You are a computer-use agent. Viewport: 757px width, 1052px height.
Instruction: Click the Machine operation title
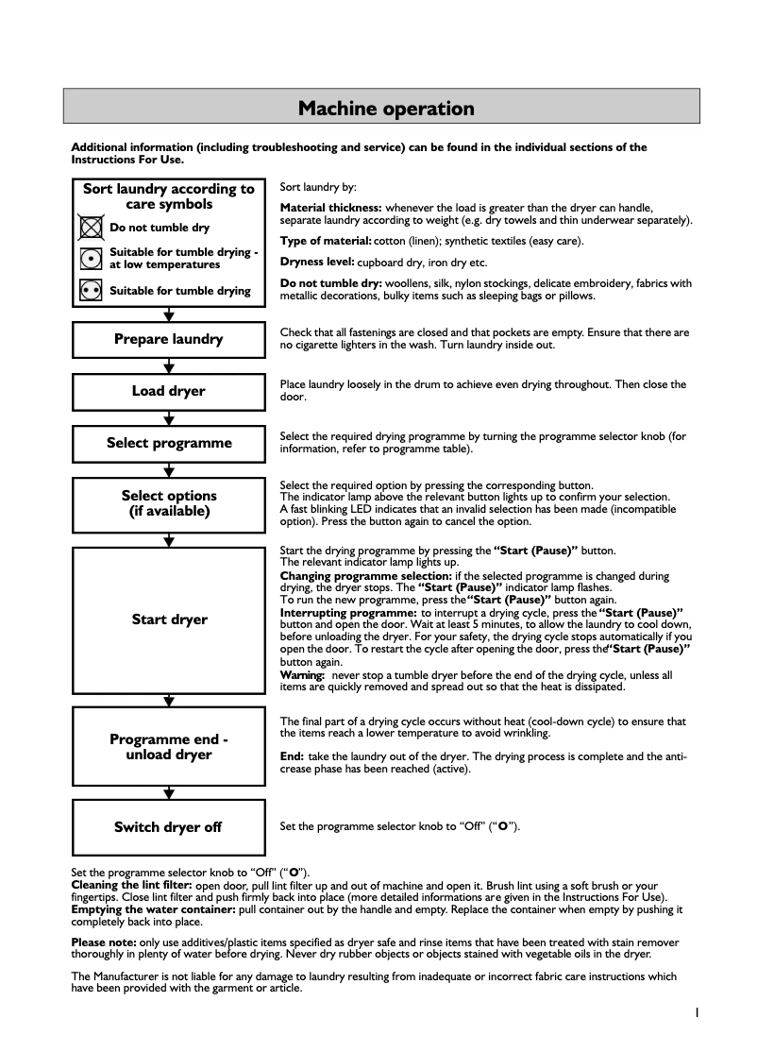coord(386,109)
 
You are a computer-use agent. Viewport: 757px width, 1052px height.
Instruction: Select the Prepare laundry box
coord(169,339)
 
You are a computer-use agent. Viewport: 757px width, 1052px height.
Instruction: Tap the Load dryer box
coord(169,391)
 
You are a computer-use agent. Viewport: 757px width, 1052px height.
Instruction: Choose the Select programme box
coord(169,443)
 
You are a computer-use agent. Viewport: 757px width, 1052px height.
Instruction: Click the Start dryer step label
coord(169,619)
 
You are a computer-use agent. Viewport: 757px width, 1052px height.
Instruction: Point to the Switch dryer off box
coord(169,827)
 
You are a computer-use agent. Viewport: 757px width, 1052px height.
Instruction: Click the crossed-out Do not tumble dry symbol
coord(91,228)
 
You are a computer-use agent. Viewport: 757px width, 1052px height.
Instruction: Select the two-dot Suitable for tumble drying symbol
coord(91,291)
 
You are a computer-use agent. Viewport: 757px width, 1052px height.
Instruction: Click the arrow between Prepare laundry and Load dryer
coord(169,365)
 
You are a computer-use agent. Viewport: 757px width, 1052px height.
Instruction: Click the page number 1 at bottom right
coord(696,1012)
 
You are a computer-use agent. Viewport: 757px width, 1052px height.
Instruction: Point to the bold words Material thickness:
coord(330,208)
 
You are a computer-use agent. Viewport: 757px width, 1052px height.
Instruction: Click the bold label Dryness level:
coord(317,262)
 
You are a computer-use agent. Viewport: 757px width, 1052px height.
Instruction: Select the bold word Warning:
coord(302,675)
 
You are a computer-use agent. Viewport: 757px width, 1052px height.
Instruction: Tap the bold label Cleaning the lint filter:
coord(132,885)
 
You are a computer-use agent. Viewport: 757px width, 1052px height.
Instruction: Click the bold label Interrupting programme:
coord(348,612)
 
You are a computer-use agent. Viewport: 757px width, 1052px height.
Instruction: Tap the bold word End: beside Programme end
coord(292,756)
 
